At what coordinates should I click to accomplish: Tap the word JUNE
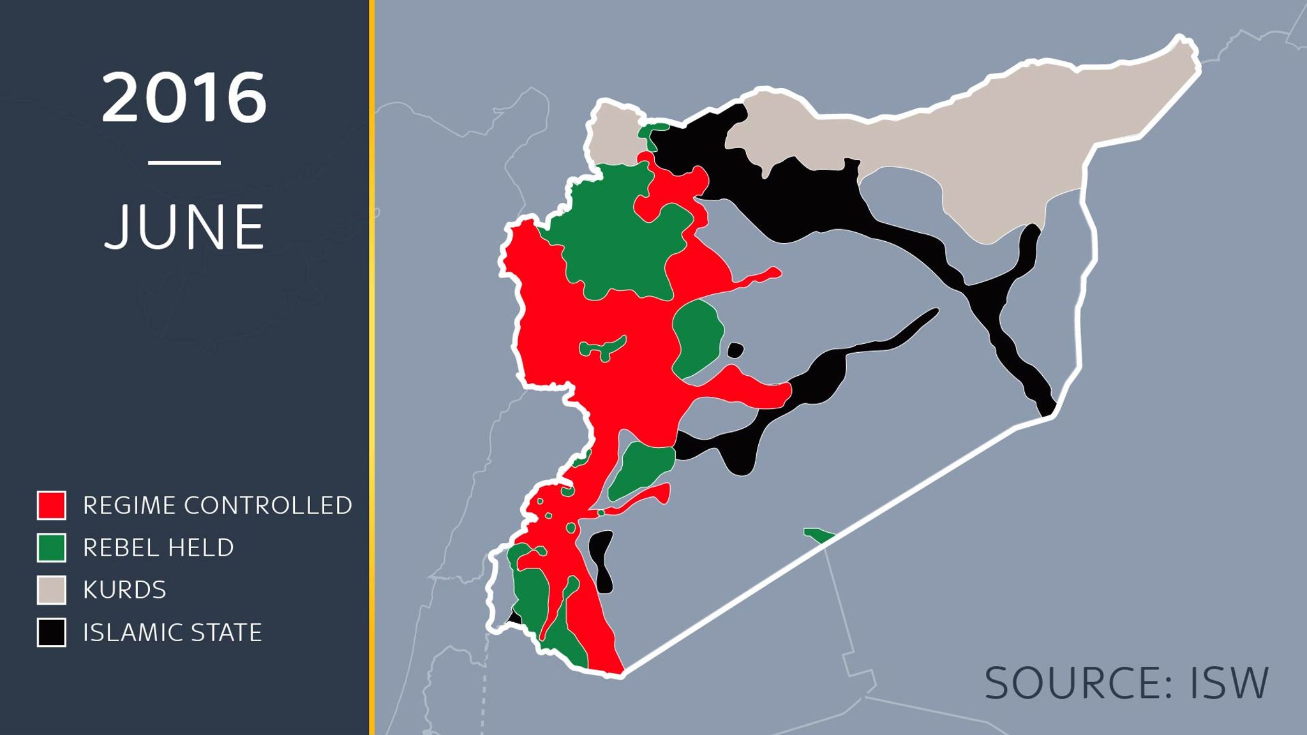coord(184,226)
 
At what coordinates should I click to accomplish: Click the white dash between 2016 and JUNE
coord(184,163)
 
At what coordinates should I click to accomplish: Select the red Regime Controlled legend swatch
coord(51,505)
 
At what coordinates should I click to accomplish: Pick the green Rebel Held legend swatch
coord(51,547)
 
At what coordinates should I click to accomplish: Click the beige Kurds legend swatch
coord(51,590)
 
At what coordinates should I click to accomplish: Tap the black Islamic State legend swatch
coord(51,632)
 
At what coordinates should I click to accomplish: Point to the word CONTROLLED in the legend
coord(267,505)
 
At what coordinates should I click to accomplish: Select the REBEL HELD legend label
coord(158,547)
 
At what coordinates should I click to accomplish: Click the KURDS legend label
coord(124,590)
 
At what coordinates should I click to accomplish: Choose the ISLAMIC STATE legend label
coord(172,632)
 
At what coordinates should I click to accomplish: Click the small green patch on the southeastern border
coord(818,535)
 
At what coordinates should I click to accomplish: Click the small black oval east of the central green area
coord(735,350)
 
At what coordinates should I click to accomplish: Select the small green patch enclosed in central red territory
coord(600,348)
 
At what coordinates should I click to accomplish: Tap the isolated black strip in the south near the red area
coord(600,561)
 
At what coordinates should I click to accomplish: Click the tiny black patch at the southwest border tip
coord(514,618)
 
